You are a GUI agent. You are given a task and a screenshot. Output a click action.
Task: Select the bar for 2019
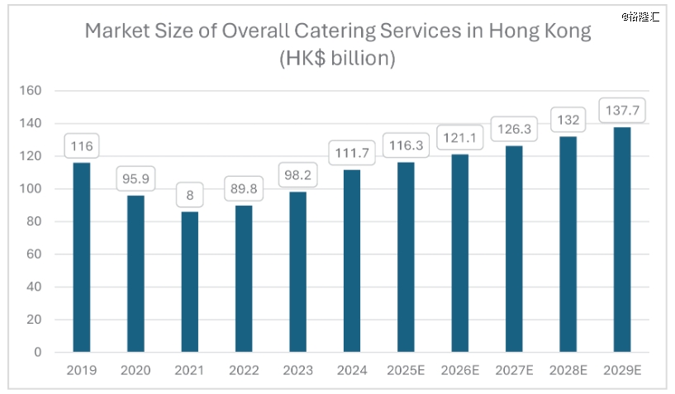tap(81, 257)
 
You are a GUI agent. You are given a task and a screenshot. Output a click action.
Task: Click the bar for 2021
tap(189, 282)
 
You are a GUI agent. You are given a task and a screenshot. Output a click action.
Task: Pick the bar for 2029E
tap(621, 240)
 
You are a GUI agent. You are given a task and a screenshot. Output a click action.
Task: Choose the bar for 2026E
tap(459, 253)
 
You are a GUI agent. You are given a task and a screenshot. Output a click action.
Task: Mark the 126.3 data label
tap(513, 129)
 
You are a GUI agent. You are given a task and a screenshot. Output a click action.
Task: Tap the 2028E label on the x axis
tap(568, 370)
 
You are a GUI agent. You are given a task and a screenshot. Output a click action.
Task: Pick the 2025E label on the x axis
tap(406, 370)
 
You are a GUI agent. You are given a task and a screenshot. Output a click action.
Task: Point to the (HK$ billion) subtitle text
tap(337, 59)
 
